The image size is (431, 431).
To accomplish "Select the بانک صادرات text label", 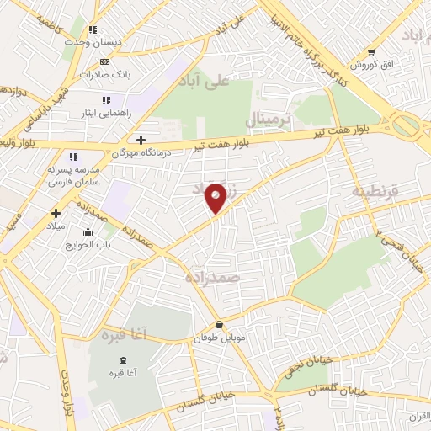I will (x=104, y=73).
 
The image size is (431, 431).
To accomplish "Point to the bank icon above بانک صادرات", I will (x=104, y=61).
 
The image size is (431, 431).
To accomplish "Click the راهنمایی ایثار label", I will (x=105, y=111).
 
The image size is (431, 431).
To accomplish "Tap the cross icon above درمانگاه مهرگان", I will (x=140, y=139).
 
